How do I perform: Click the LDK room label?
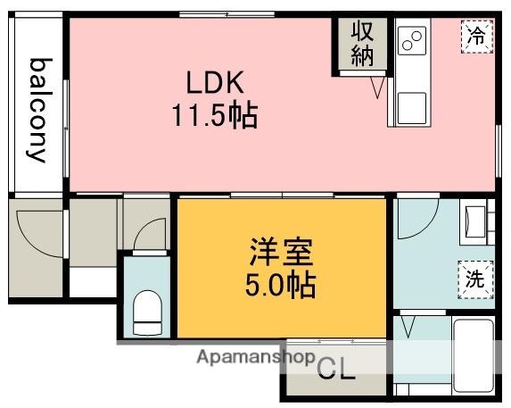215,83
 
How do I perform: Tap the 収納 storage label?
362,44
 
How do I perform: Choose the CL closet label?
336,369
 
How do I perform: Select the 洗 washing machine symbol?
475,277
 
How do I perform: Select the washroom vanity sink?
474,222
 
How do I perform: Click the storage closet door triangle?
377,86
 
